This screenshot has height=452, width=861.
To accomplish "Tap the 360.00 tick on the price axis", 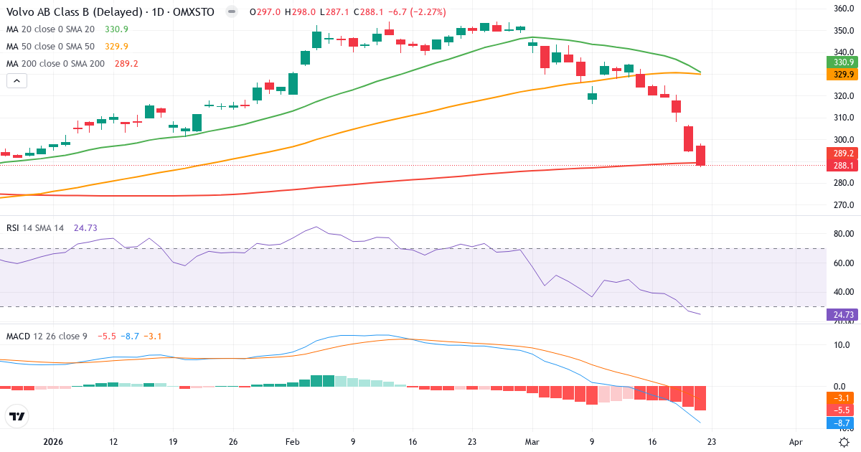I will [842, 9].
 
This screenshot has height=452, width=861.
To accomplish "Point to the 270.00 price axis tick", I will [842, 205].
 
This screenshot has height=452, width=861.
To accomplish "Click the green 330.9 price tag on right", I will [842, 63].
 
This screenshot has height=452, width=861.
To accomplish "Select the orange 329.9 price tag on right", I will [842, 75].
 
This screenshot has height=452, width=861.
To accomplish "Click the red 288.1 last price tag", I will [842, 166].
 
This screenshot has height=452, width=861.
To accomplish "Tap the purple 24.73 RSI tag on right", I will [842, 314].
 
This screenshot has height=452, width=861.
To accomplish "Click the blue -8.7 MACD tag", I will [842, 423].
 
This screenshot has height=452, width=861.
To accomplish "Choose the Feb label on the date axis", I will [292, 443].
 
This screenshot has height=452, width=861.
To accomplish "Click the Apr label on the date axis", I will [795, 443].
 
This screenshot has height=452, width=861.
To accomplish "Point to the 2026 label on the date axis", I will [54, 443].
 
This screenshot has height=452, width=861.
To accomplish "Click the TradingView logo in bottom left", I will [17, 415].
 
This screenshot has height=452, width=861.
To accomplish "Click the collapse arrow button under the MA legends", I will [17, 80].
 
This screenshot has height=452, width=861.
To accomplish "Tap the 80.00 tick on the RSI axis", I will [842, 234].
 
